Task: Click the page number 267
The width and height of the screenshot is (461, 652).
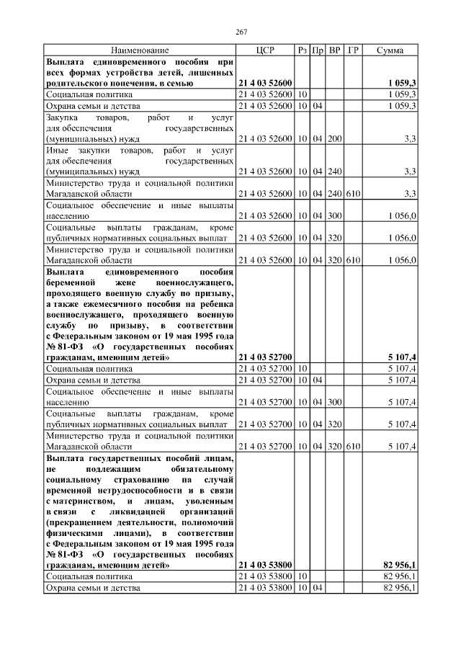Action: click(x=241, y=32)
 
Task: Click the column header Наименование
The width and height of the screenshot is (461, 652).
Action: click(x=140, y=51)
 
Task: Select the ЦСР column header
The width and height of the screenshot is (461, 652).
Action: click(x=265, y=51)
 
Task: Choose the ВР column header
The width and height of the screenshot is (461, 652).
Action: click(x=334, y=51)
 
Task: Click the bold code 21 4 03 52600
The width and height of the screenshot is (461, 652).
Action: click(x=264, y=84)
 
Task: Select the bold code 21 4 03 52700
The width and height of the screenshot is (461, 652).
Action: click(x=264, y=357)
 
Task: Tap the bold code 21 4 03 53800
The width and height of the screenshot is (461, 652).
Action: click(x=264, y=566)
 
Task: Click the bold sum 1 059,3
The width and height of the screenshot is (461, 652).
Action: click(x=401, y=84)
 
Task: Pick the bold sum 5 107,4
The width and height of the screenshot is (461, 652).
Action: click(x=401, y=357)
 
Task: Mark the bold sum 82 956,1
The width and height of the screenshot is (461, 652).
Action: click(x=399, y=566)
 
